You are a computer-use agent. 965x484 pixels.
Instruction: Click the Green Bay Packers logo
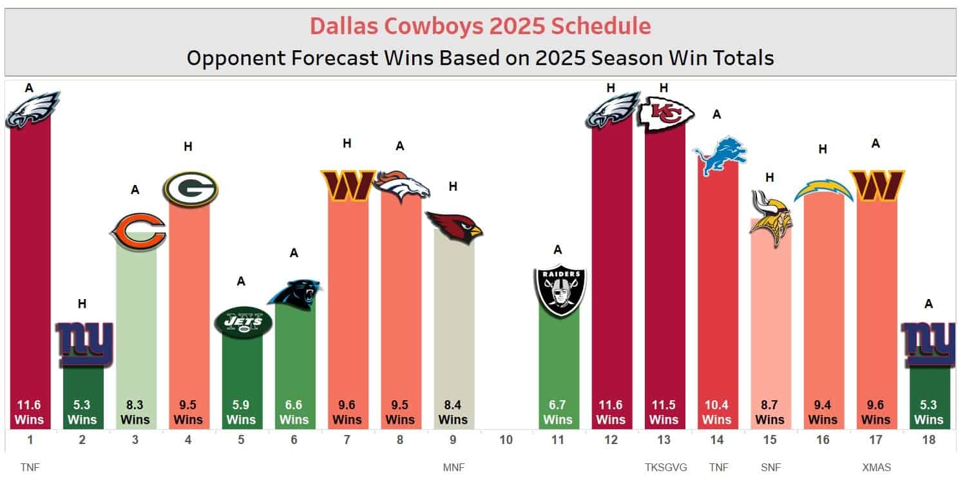pyautogui.click(x=190, y=188)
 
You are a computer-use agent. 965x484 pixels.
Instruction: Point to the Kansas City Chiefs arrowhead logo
pyautogui.click(x=665, y=114)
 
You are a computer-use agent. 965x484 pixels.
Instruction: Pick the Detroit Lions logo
pyautogui.click(x=719, y=155)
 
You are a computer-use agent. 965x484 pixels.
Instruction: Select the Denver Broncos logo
pyautogui.click(x=401, y=186)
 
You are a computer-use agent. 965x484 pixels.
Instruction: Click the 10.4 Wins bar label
pyautogui.click(x=717, y=412)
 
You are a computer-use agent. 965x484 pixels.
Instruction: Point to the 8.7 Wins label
pyautogui.click(x=770, y=412)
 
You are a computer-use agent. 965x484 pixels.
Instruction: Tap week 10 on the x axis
pyautogui.click(x=506, y=441)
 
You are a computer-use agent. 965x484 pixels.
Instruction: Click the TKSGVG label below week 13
pyautogui.click(x=664, y=467)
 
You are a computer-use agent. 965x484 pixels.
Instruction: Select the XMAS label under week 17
pyautogui.click(x=876, y=467)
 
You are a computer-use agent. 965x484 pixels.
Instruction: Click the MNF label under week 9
pyautogui.click(x=454, y=467)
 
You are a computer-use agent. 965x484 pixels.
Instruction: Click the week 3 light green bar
pyautogui.click(x=136, y=322)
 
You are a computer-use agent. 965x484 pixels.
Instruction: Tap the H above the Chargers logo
pyautogui.click(x=823, y=150)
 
